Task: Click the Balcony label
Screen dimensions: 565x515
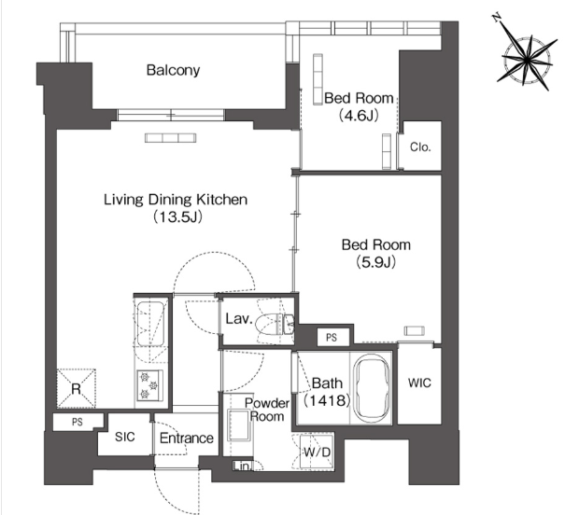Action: click(173, 70)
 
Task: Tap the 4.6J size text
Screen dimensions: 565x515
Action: click(359, 115)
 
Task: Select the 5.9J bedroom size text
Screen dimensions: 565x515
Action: click(375, 262)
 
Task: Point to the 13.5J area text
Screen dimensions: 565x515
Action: click(177, 216)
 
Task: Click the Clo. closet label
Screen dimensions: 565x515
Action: click(420, 146)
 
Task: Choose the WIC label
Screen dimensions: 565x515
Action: click(419, 383)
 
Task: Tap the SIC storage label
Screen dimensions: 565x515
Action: click(125, 437)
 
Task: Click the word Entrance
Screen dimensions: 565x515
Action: click(186, 438)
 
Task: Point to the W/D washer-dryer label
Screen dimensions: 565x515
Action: click(318, 452)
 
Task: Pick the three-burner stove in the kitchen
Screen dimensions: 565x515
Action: click(150, 385)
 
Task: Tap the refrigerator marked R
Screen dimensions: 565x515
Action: click(77, 388)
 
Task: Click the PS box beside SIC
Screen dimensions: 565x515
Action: click(78, 422)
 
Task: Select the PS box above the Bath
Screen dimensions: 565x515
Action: click(332, 337)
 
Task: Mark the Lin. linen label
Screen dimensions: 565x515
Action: click(242, 466)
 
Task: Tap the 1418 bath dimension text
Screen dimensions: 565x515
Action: click(327, 400)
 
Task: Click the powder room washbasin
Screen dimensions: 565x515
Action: click(239, 425)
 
